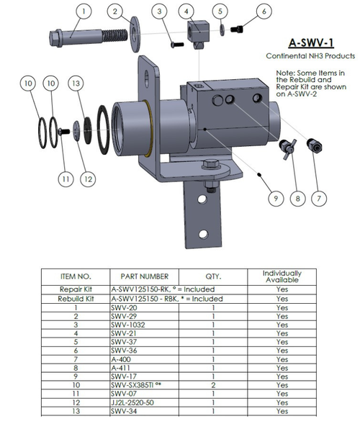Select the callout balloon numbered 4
(x=187, y=12)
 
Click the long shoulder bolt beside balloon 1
(x=79, y=36)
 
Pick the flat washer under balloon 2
(x=134, y=37)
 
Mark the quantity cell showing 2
(x=215, y=384)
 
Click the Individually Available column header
(x=282, y=276)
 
